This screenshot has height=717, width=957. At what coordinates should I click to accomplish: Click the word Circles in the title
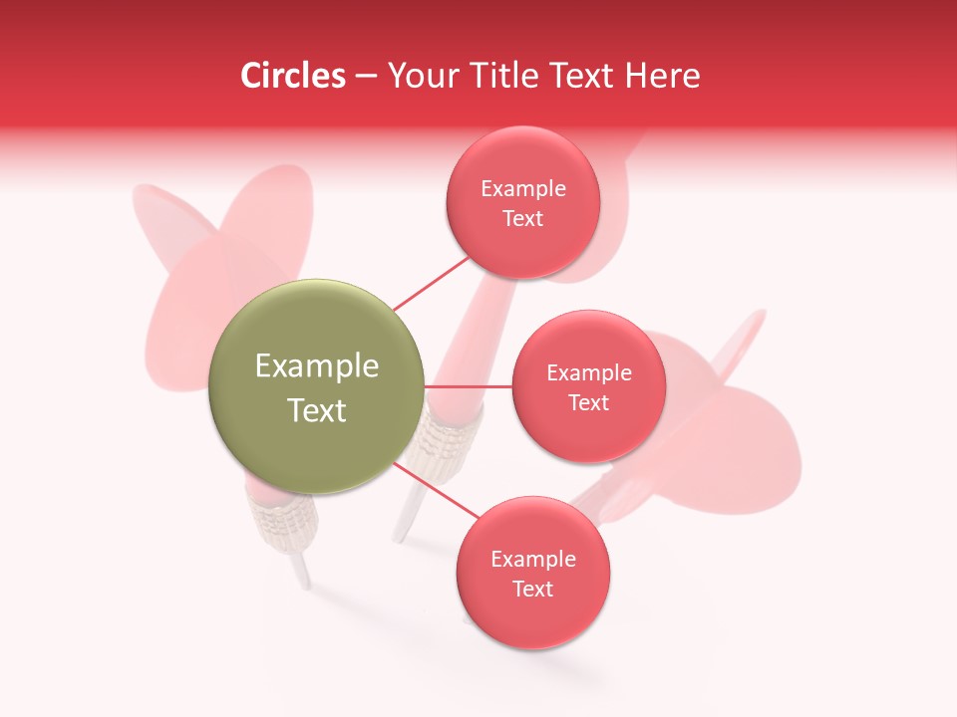[x=292, y=76]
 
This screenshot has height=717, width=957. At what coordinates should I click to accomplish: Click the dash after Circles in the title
[x=366, y=77]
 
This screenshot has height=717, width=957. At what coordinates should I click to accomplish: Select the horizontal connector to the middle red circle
[x=469, y=386]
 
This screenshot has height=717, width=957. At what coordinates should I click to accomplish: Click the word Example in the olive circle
[x=317, y=366]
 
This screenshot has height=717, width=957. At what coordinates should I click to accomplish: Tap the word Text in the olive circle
[x=317, y=410]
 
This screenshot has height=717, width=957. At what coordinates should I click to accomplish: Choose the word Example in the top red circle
[x=523, y=189]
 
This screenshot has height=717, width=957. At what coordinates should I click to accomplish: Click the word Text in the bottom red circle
[x=532, y=590]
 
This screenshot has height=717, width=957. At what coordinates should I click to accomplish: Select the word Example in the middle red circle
[x=589, y=373]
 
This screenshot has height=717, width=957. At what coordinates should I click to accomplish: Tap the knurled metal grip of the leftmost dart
[x=283, y=523]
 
